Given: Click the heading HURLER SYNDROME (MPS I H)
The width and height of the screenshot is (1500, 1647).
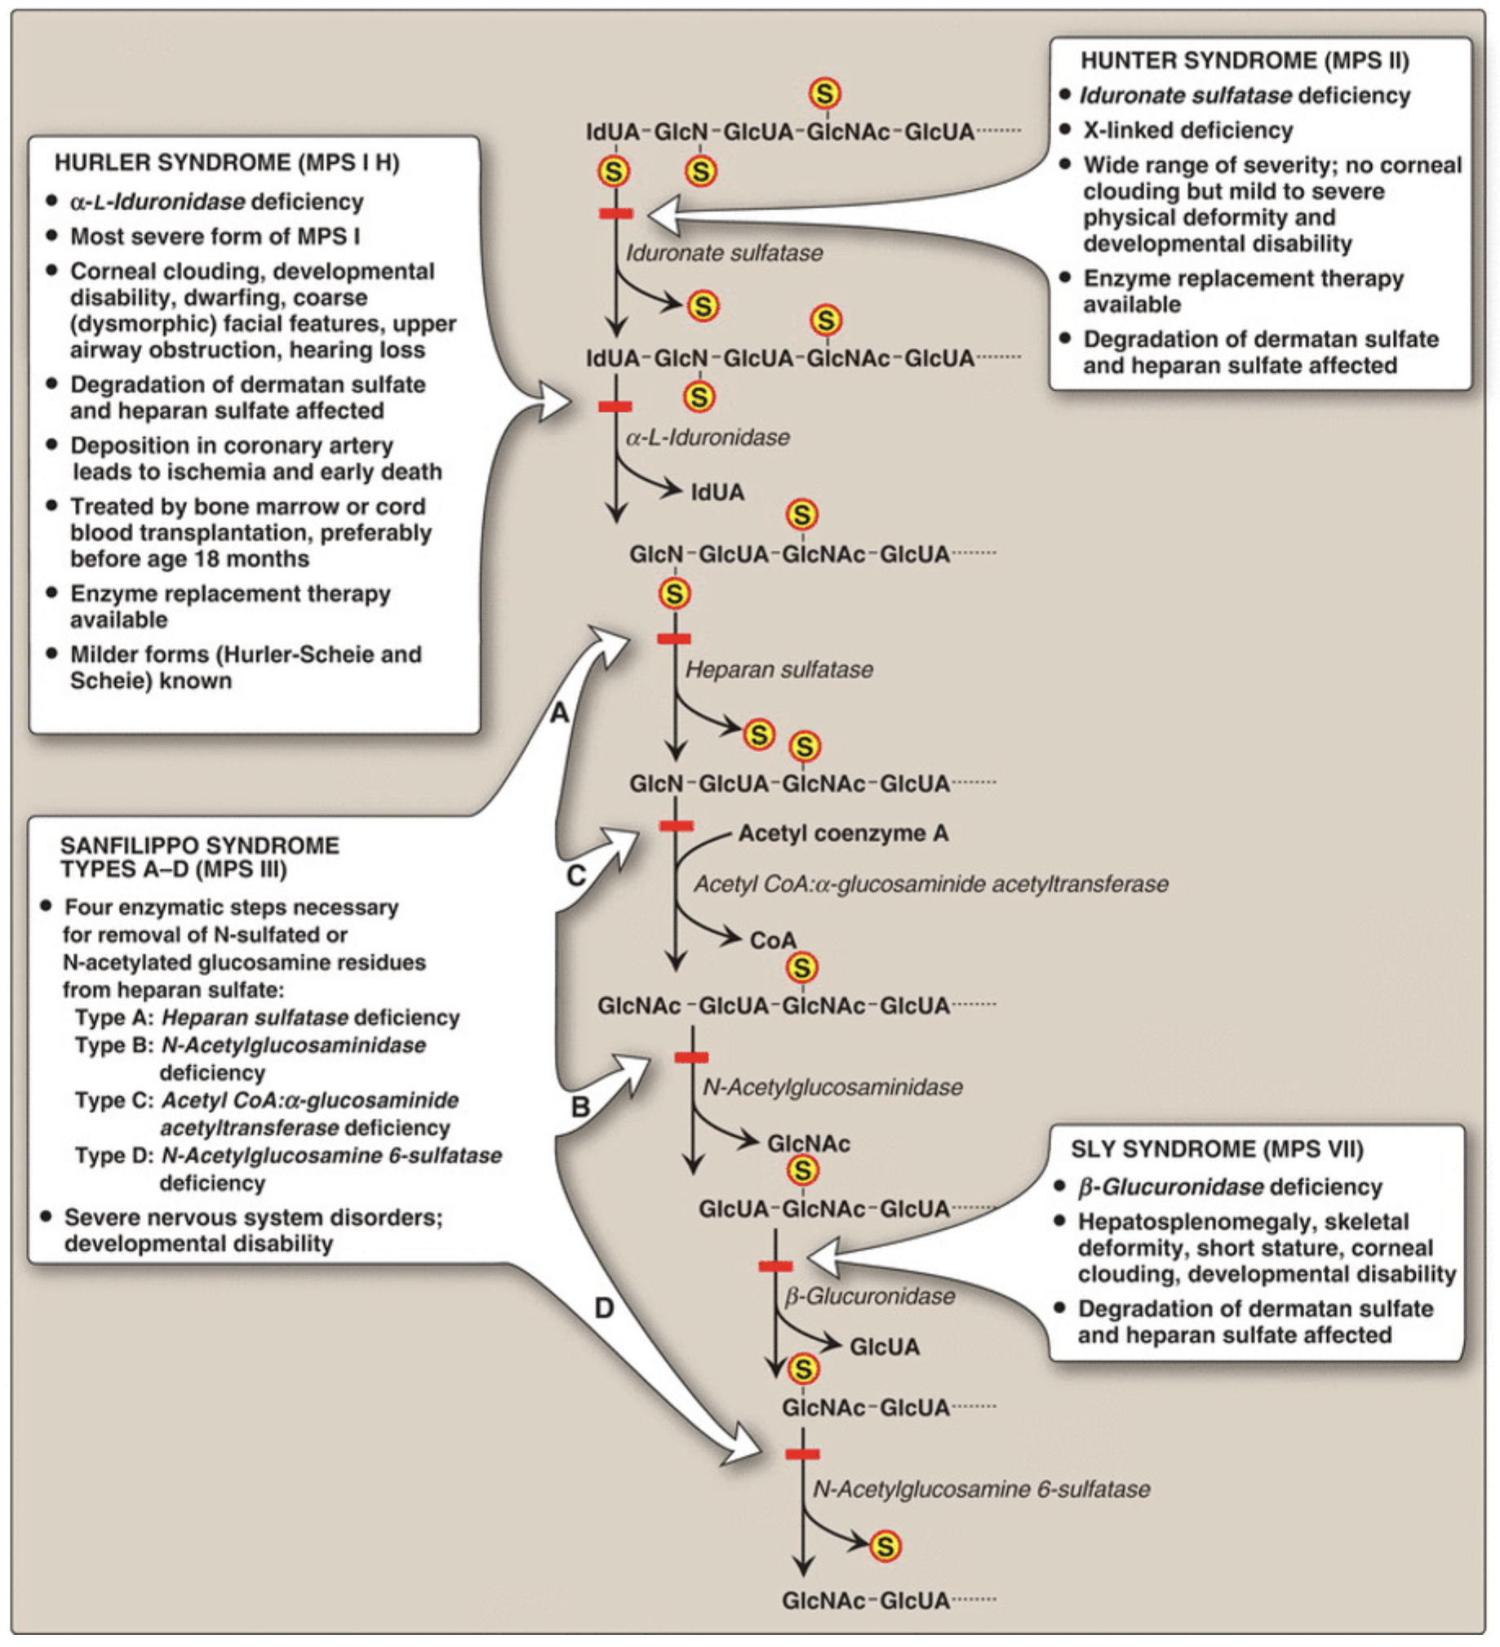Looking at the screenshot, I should pyautogui.click(x=226, y=162).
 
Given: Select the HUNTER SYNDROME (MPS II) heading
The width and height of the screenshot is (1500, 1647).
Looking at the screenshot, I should pyautogui.click(x=1245, y=60).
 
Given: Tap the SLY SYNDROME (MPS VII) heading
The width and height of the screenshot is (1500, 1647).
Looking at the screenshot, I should pyautogui.click(x=1217, y=1149).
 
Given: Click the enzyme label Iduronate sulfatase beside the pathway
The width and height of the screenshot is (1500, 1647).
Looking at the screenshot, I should pyautogui.click(x=724, y=253).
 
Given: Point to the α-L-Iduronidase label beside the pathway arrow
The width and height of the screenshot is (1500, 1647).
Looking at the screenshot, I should pyautogui.click(x=708, y=438).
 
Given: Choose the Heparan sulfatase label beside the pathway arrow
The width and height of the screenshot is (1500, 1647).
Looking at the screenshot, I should pyautogui.click(x=779, y=670).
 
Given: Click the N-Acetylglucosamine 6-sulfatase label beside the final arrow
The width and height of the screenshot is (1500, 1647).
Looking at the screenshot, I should pyautogui.click(x=980, y=1489).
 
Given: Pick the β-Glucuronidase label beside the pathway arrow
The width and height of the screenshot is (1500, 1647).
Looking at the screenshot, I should pyautogui.click(x=869, y=1297).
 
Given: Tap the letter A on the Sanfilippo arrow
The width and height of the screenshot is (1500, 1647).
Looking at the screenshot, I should pyautogui.click(x=559, y=713).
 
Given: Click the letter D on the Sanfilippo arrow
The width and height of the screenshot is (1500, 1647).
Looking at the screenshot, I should pyautogui.click(x=604, y=1309).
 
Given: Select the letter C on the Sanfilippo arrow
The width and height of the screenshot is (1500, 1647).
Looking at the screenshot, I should pyautogui.click(x=576, y=876).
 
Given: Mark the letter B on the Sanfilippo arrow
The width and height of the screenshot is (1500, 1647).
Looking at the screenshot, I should pyautogui.click(x=580, y=1108).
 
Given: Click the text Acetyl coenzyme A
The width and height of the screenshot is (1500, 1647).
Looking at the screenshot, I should pyautogui.click(x=843, y=833).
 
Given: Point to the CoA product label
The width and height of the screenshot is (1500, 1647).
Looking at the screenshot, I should pyautogui.click(x=772, y=940).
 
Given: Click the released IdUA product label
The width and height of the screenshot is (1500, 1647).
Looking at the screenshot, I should pyautogui.click(x=717, y=493).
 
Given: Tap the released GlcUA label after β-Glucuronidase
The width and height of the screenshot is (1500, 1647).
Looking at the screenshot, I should pyautogui.click(x=884, y=1347).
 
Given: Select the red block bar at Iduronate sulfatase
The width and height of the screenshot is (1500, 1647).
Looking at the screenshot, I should pyautogui.click(x=616, y=213).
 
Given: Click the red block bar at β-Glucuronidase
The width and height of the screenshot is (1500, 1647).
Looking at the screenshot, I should pyautogui.click(x=775, y=1267).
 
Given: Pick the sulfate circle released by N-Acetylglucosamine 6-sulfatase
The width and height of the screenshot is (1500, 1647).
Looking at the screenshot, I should pyautogui.click(x=885, y=1546).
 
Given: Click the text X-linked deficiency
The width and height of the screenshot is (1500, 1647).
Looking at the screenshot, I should pyautogui.click(x=1187, y=131).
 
